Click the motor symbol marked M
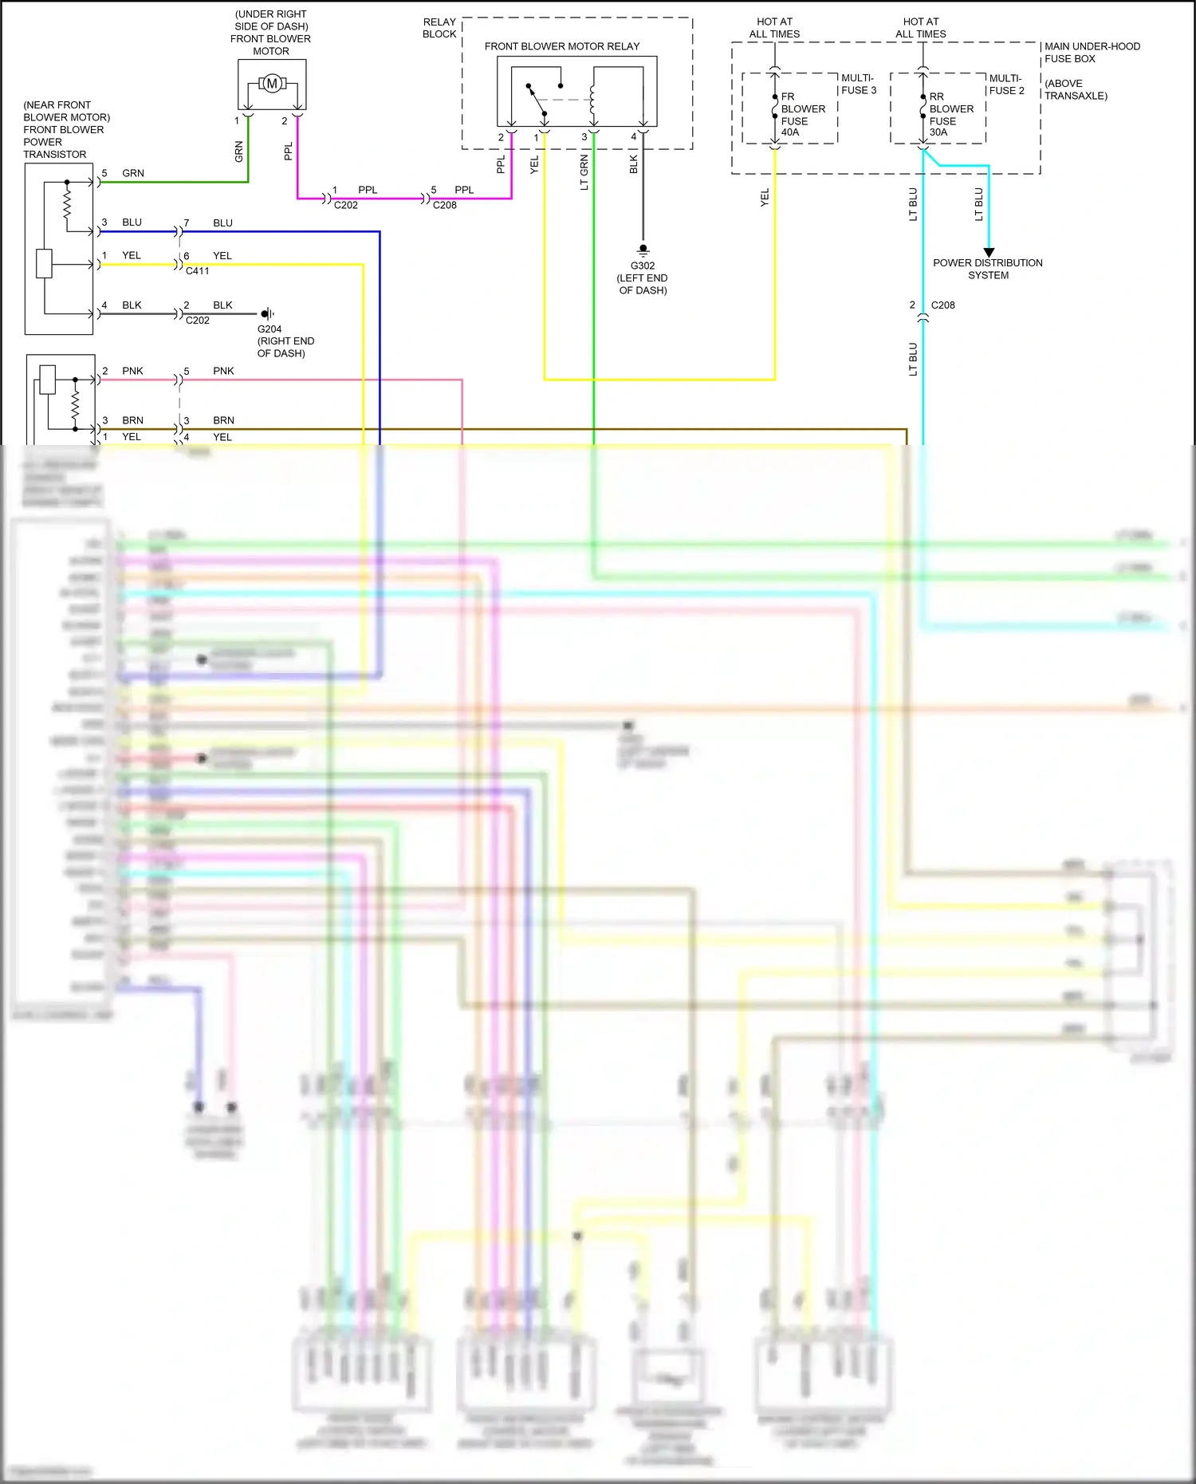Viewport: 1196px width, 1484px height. tap(272, 83)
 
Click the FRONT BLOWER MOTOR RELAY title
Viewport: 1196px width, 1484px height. tap(561, 46)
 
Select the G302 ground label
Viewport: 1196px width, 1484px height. tap(643, 266)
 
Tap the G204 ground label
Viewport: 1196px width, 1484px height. tap(269, 329)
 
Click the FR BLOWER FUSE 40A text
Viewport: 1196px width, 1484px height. tap(802, 114)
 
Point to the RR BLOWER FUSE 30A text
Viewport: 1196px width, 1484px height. tap(950, 114)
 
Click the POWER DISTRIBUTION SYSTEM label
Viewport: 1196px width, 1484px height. tap(988, 269)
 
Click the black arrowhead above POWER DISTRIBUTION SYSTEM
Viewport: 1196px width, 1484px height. tap(989, 252)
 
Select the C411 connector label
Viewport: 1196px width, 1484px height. tap(198, 271)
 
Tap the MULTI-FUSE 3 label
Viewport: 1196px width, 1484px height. tap(859, 84)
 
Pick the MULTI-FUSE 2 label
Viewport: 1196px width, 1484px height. tap(1006, 84)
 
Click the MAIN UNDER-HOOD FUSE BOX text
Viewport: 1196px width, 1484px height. tap(1092, 53)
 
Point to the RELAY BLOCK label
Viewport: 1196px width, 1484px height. tap(439, 28)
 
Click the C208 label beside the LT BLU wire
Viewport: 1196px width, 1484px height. tap(942, 305)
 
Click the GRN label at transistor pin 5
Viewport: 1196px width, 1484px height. tap(133, 173)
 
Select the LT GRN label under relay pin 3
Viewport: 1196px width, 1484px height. tap(584, 173)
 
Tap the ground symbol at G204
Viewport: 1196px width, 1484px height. tap(267, 313)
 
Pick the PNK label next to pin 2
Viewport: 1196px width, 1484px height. tap(132, 371)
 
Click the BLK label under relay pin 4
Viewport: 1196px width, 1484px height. tap(634, 164)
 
